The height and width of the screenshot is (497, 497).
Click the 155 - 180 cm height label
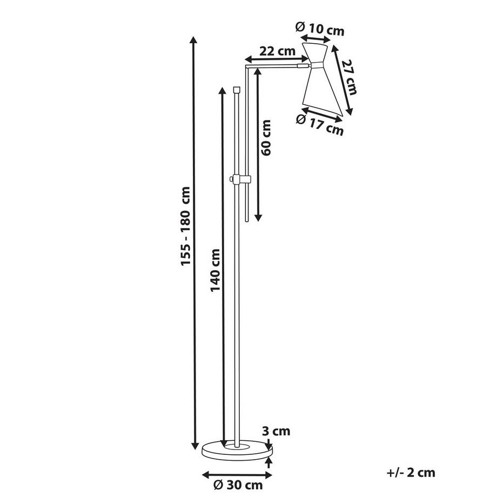pyautogui.click(x=185, y=226)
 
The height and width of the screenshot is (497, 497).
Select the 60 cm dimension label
pyautogui.click(x=266, y=138)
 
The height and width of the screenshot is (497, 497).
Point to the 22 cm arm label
pyautogui.click(x=277, y=51)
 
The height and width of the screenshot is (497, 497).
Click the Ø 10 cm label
pyautogui.click(x=319, y=29)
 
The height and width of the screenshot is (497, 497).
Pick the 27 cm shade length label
pyautogui.click(x=350, y=77)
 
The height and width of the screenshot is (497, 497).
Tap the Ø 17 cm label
pyautogui.click(x=319, y=125)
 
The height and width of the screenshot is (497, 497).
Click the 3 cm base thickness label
pyautogui.click(x=276, y=431)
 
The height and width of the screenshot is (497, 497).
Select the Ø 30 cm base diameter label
pyautogui.click(x=238, y=485)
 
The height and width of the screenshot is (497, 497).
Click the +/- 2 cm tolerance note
pyautogui.click(x=411, y=473)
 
